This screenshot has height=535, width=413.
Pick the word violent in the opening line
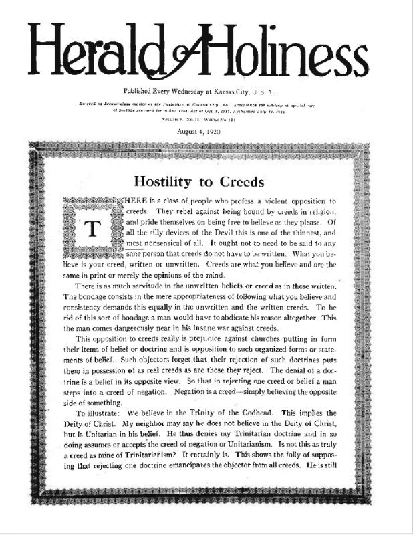tap(275, 201)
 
